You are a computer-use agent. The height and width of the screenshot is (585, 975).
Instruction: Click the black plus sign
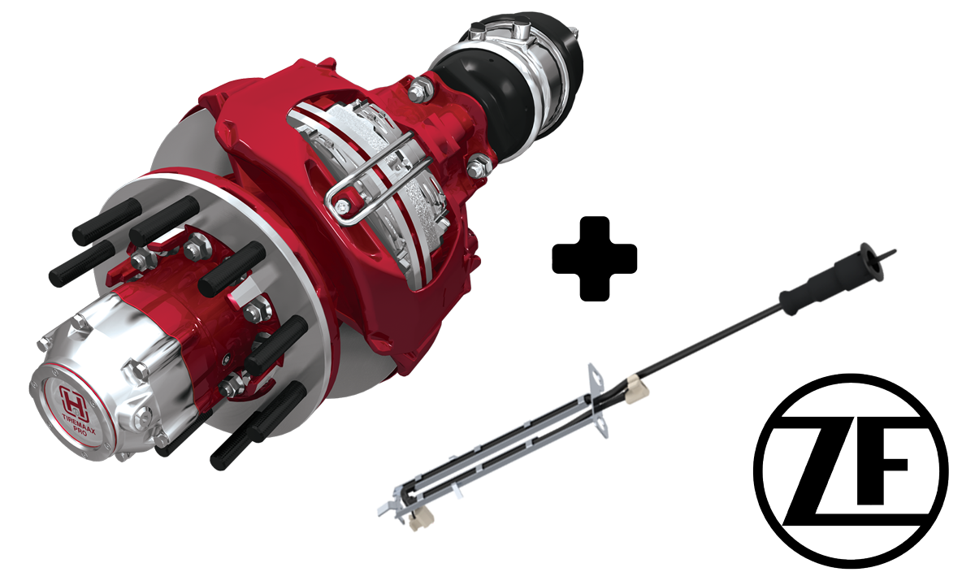tap(595, 258)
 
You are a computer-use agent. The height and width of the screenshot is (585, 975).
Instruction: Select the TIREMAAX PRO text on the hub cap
tap(77, 424)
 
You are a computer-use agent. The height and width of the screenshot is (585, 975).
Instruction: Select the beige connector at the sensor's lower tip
tap(422, 519)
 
